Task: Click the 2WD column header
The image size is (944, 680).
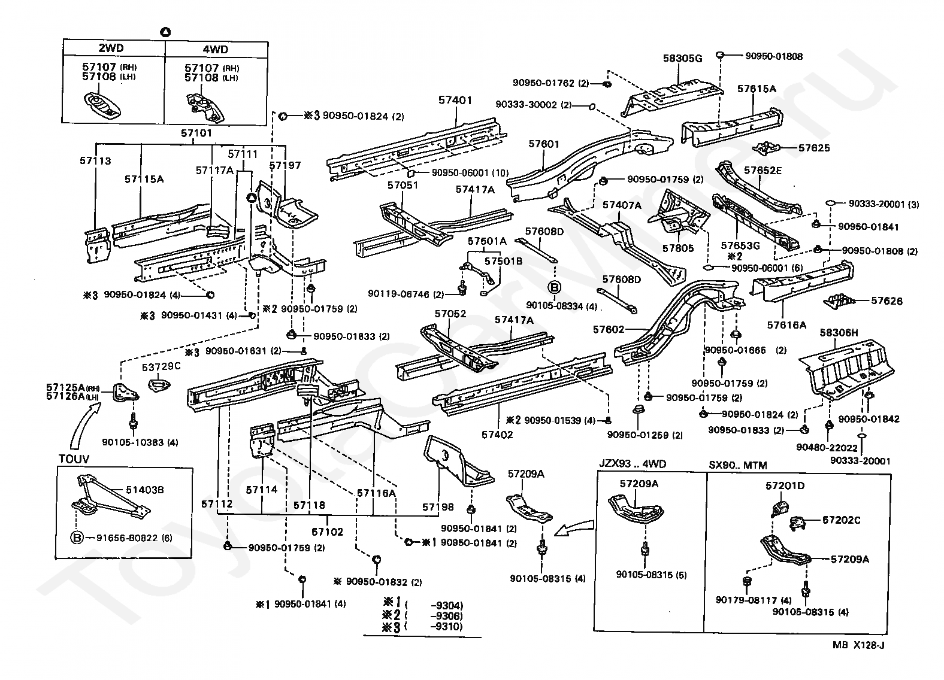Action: click(x=111, y=48)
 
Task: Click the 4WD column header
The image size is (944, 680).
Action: click(x=216, y=49)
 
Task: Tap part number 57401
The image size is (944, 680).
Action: click(x=455, y=100)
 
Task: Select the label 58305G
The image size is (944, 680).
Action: click(x=683, y=59)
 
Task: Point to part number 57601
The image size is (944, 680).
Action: click(x=544, y=144)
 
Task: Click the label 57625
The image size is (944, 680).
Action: click(x=814, y=148)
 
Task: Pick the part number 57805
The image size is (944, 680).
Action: click(x=678, y=248)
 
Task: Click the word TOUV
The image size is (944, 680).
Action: click(x=74, y=459)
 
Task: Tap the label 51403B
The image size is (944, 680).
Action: click(x=145, y=490)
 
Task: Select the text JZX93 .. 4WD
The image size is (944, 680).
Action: click(x=633, y=464)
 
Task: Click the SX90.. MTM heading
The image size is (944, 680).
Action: click(x=738, y=465)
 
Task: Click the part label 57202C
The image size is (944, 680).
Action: click(x=842, y=520)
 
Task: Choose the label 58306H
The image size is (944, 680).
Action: click(x=839, y=333)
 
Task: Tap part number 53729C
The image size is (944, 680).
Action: click(x=161, y=367)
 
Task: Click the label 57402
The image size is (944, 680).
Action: click(x=497, y=435)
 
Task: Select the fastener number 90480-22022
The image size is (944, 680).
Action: click(x=827, y=448)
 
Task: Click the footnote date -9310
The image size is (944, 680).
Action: click(x=446, y=627)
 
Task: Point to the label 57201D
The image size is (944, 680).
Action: click(x=785, y=485)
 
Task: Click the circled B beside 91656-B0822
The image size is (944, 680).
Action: click(x=77, y=538)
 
